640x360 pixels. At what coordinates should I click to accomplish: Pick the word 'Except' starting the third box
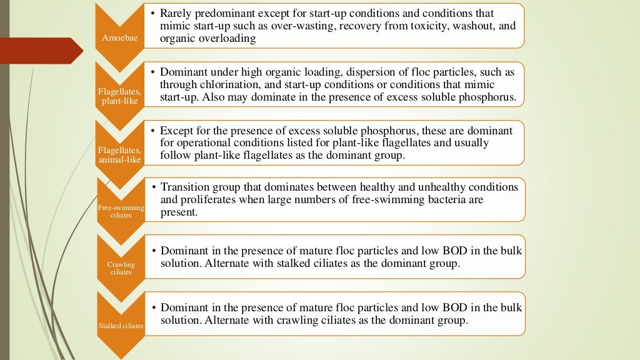(177, 131)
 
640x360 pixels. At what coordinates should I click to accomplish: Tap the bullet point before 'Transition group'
(154, 187)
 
